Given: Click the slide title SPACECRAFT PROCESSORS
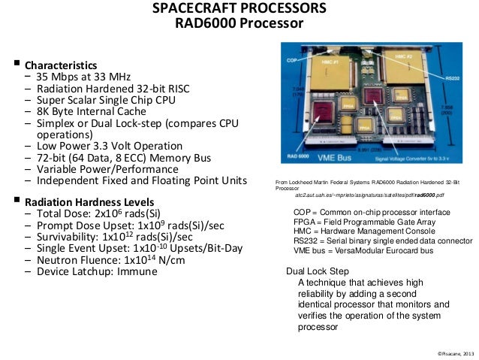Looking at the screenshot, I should (239, 9).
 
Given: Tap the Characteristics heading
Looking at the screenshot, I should (61, 65).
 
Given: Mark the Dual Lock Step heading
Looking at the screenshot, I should (318, 271).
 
